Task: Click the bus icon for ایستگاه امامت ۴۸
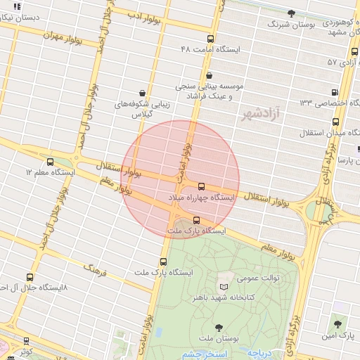(x=210, y=39)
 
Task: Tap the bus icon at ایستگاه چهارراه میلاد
(x=202, y=186)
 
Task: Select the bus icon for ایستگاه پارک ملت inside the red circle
(x=195, y=221)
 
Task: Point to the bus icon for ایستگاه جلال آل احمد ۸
(x=29, y=278)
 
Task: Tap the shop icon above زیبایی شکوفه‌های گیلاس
(x=143, y=93)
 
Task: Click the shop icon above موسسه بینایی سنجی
(x=208, y=76)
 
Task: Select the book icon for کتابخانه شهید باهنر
(x=224, y=288)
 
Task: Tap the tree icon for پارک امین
(x=338, y=324)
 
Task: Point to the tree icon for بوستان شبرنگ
(x=291, y=13)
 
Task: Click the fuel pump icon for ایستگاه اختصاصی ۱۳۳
(x=334, y=92)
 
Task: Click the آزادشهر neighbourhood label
(x=260, y=112)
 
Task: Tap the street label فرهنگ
(x=94, y=268)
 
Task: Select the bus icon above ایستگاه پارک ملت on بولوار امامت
(x=164, y=262)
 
